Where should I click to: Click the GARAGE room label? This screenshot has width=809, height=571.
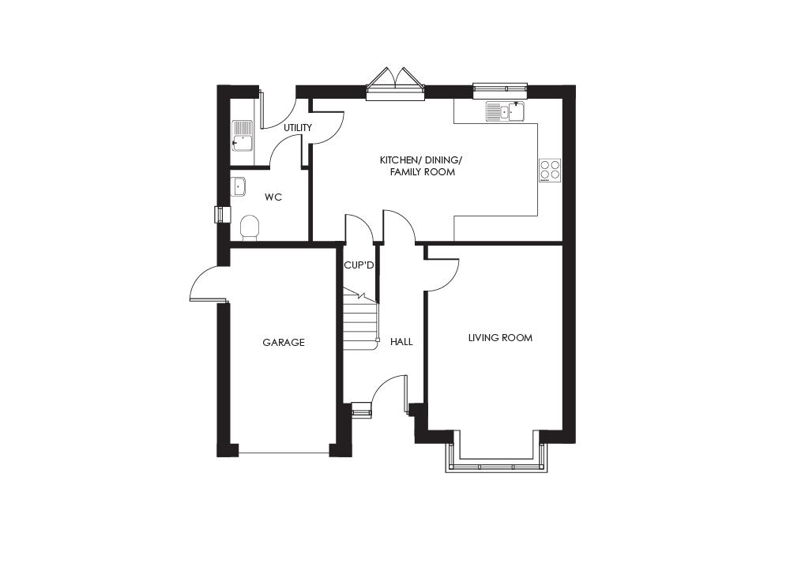[x=284, y=343]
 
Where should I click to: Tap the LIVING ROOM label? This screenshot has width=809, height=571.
[x=500, y=338]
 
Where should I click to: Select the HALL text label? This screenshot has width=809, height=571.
[x=401, y=342]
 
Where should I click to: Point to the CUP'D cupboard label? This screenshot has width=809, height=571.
[x=359, y=266]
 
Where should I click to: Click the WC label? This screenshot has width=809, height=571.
[x=273, y=197]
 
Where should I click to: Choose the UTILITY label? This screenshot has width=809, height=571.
[x=298, y=128]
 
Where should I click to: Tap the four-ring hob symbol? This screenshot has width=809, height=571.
[x=550, y=171]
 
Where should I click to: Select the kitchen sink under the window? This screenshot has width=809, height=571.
[x=505, y=111]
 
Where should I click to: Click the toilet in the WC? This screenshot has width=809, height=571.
[x=249, y=227]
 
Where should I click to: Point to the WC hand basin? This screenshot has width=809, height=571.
[x=238, y=186]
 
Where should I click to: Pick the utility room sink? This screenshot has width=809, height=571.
[x=242, y=136]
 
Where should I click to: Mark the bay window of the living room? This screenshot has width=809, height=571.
[x=496, y=459]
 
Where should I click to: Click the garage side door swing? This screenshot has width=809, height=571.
[x=207, y=284]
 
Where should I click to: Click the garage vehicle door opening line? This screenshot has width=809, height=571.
[x=284, y=453]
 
